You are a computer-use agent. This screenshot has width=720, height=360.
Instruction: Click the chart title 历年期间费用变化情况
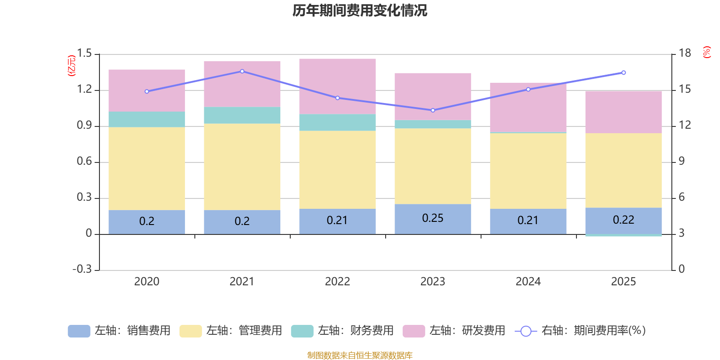(360, 10)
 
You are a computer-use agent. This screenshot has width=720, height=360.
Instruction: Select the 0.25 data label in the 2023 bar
(432, 218)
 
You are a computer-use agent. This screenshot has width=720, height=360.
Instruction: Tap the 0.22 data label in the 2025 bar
(623, 220)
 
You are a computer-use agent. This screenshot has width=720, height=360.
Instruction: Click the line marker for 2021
(242, 71)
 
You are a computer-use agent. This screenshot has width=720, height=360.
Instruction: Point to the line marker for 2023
(433, 110)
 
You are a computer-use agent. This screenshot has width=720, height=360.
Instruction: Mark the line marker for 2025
(624, 72)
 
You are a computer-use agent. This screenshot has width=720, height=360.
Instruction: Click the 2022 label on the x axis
(337, 282)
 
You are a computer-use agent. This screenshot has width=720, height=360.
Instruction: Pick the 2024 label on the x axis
(528, 282)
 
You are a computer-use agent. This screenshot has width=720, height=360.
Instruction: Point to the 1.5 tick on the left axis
(84, 54)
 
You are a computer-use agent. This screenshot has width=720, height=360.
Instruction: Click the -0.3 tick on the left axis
(82, 269)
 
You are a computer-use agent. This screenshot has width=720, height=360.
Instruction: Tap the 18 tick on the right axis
(685, 53)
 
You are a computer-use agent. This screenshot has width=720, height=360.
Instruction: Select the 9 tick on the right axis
(682, 161)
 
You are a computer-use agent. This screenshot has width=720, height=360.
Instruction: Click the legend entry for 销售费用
(119, 331)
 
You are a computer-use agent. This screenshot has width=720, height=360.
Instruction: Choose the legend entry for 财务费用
(342, 331)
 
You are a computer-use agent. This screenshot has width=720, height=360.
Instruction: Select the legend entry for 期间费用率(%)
(580, 331)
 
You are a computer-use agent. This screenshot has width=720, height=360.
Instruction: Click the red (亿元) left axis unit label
(71, 66)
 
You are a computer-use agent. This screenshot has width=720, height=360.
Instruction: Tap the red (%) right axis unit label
(707, 52)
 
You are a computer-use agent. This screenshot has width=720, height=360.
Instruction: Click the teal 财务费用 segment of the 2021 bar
(242, 115)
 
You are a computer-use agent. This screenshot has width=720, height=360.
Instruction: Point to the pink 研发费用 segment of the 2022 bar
(337, 86)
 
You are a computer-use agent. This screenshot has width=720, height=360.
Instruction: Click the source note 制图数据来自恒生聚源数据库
(360, 355)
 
